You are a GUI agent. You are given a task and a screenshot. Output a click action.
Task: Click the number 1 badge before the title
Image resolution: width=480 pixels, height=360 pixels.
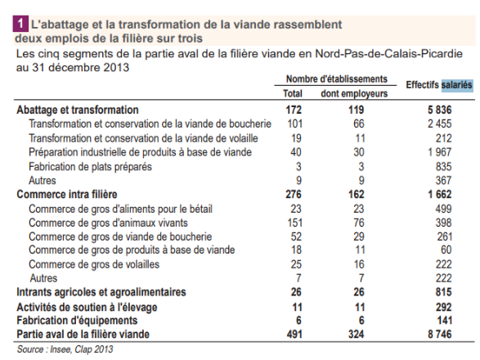pos(20,25)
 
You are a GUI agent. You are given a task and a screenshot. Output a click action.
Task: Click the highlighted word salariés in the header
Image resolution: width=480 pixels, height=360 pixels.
pos(456,84)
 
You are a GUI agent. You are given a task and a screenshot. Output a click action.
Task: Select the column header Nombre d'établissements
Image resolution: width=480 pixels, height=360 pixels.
pos(336,79)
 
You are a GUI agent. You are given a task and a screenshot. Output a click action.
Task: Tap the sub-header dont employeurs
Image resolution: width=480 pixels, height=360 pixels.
pos(353,93)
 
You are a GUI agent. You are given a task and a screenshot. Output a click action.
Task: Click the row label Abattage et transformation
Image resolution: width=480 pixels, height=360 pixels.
pos(78,110)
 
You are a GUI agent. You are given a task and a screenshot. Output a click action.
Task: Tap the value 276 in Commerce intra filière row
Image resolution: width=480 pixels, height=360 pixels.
pos(293,195)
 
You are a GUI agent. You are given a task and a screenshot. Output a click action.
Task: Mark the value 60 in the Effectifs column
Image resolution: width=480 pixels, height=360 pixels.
pos(446,250)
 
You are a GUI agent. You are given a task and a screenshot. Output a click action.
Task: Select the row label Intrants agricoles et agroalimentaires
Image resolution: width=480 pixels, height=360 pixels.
pos(101,292)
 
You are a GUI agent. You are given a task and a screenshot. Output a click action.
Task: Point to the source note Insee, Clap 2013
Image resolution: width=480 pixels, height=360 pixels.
pos(65,349)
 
